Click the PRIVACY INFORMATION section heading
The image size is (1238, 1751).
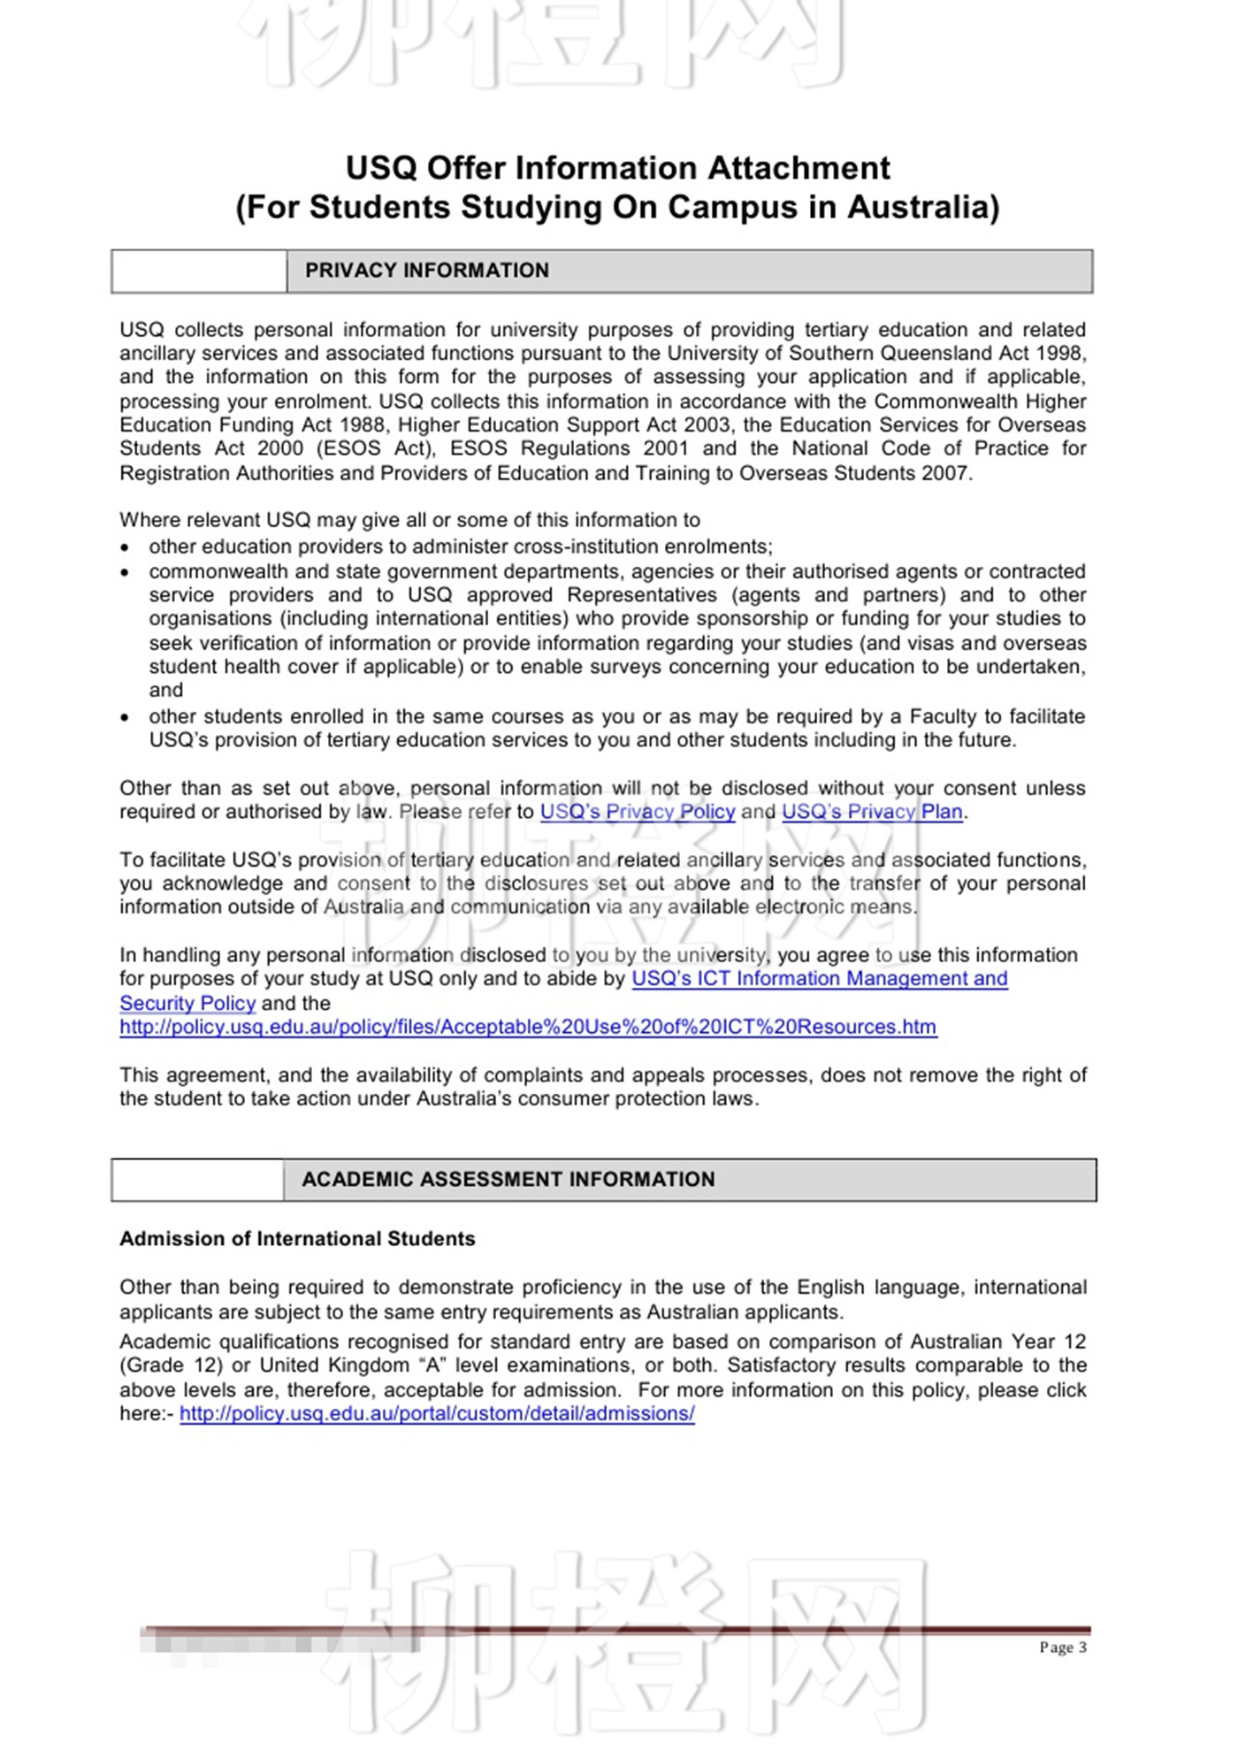(426, 271)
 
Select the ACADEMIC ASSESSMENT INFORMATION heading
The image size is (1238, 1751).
(508, 1180)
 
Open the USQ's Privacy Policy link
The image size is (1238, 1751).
(637, 812)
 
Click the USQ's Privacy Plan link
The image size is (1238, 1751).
(872, 812)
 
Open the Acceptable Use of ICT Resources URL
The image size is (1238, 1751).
(528, 1028)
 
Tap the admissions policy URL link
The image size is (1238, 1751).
(437, 1414)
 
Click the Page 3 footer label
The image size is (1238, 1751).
(1063, 1648)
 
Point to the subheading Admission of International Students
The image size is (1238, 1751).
(297, 1239)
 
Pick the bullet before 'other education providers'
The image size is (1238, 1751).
(125, 548)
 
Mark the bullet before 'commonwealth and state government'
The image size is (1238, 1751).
(125, 573)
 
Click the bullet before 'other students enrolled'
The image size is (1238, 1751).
(125, 718)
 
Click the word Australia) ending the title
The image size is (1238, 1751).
(922, 208)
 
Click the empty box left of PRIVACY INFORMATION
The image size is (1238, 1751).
(199, 271)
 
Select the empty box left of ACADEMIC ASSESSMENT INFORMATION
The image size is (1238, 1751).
(197, 1181)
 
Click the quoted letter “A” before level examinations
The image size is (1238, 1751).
(434, 1366)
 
